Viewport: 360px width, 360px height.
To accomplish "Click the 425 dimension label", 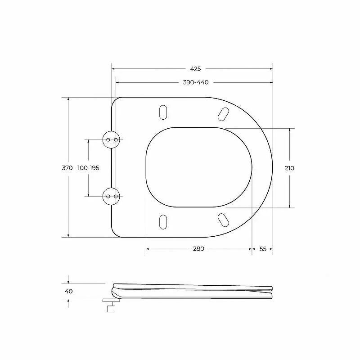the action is click(195, 69).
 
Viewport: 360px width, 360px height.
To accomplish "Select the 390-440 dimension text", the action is click(196, 82).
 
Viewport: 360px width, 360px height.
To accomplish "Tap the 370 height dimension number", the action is click(67, 168).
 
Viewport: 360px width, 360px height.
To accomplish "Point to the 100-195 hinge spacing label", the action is click(88, 168).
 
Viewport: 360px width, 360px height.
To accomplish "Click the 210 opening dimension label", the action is click(289, 168).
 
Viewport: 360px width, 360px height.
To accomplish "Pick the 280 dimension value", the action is click(198, 249).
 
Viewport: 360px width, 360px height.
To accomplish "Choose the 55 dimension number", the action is click(263, 249).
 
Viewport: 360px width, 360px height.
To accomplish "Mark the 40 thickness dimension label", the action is click(69, 291).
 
